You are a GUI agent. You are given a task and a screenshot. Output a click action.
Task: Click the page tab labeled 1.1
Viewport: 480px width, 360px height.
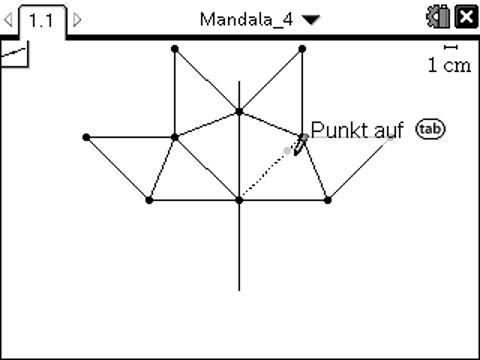(42, 19)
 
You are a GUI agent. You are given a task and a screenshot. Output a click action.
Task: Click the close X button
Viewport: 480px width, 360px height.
(465, 18)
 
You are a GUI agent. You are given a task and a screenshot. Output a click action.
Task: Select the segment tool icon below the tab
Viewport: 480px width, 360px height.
(13, 53)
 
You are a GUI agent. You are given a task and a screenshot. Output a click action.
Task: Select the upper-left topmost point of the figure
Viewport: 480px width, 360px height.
(175, 48)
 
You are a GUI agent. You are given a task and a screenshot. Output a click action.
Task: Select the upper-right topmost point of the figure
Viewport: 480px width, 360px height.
(303, 48)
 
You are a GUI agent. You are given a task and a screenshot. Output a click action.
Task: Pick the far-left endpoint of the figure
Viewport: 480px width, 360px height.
(86, 137)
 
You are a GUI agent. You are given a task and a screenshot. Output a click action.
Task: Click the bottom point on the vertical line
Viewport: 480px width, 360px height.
(239, 200)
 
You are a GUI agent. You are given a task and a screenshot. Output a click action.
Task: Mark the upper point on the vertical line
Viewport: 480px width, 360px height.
(239, 112)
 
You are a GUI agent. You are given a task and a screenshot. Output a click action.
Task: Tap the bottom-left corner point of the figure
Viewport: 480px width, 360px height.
(150, 200)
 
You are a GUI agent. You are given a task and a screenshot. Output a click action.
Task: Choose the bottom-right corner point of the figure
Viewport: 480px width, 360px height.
(328, 200)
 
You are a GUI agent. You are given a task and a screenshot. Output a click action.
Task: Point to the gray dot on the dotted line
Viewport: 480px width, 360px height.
(288, 150)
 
